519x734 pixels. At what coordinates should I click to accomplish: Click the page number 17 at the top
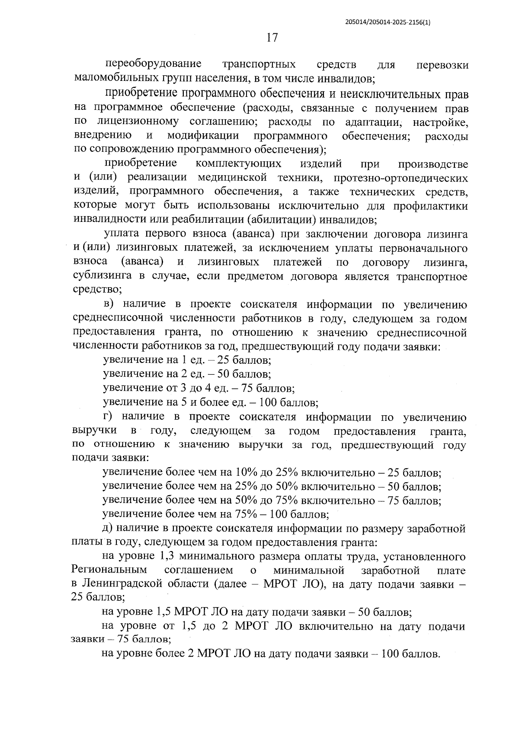point(272,38)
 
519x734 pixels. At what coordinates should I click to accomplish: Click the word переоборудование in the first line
point(154,64)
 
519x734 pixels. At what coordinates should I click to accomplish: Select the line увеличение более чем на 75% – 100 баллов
point(215,514)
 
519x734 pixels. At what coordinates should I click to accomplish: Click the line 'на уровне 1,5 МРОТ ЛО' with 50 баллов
point(256,612)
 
